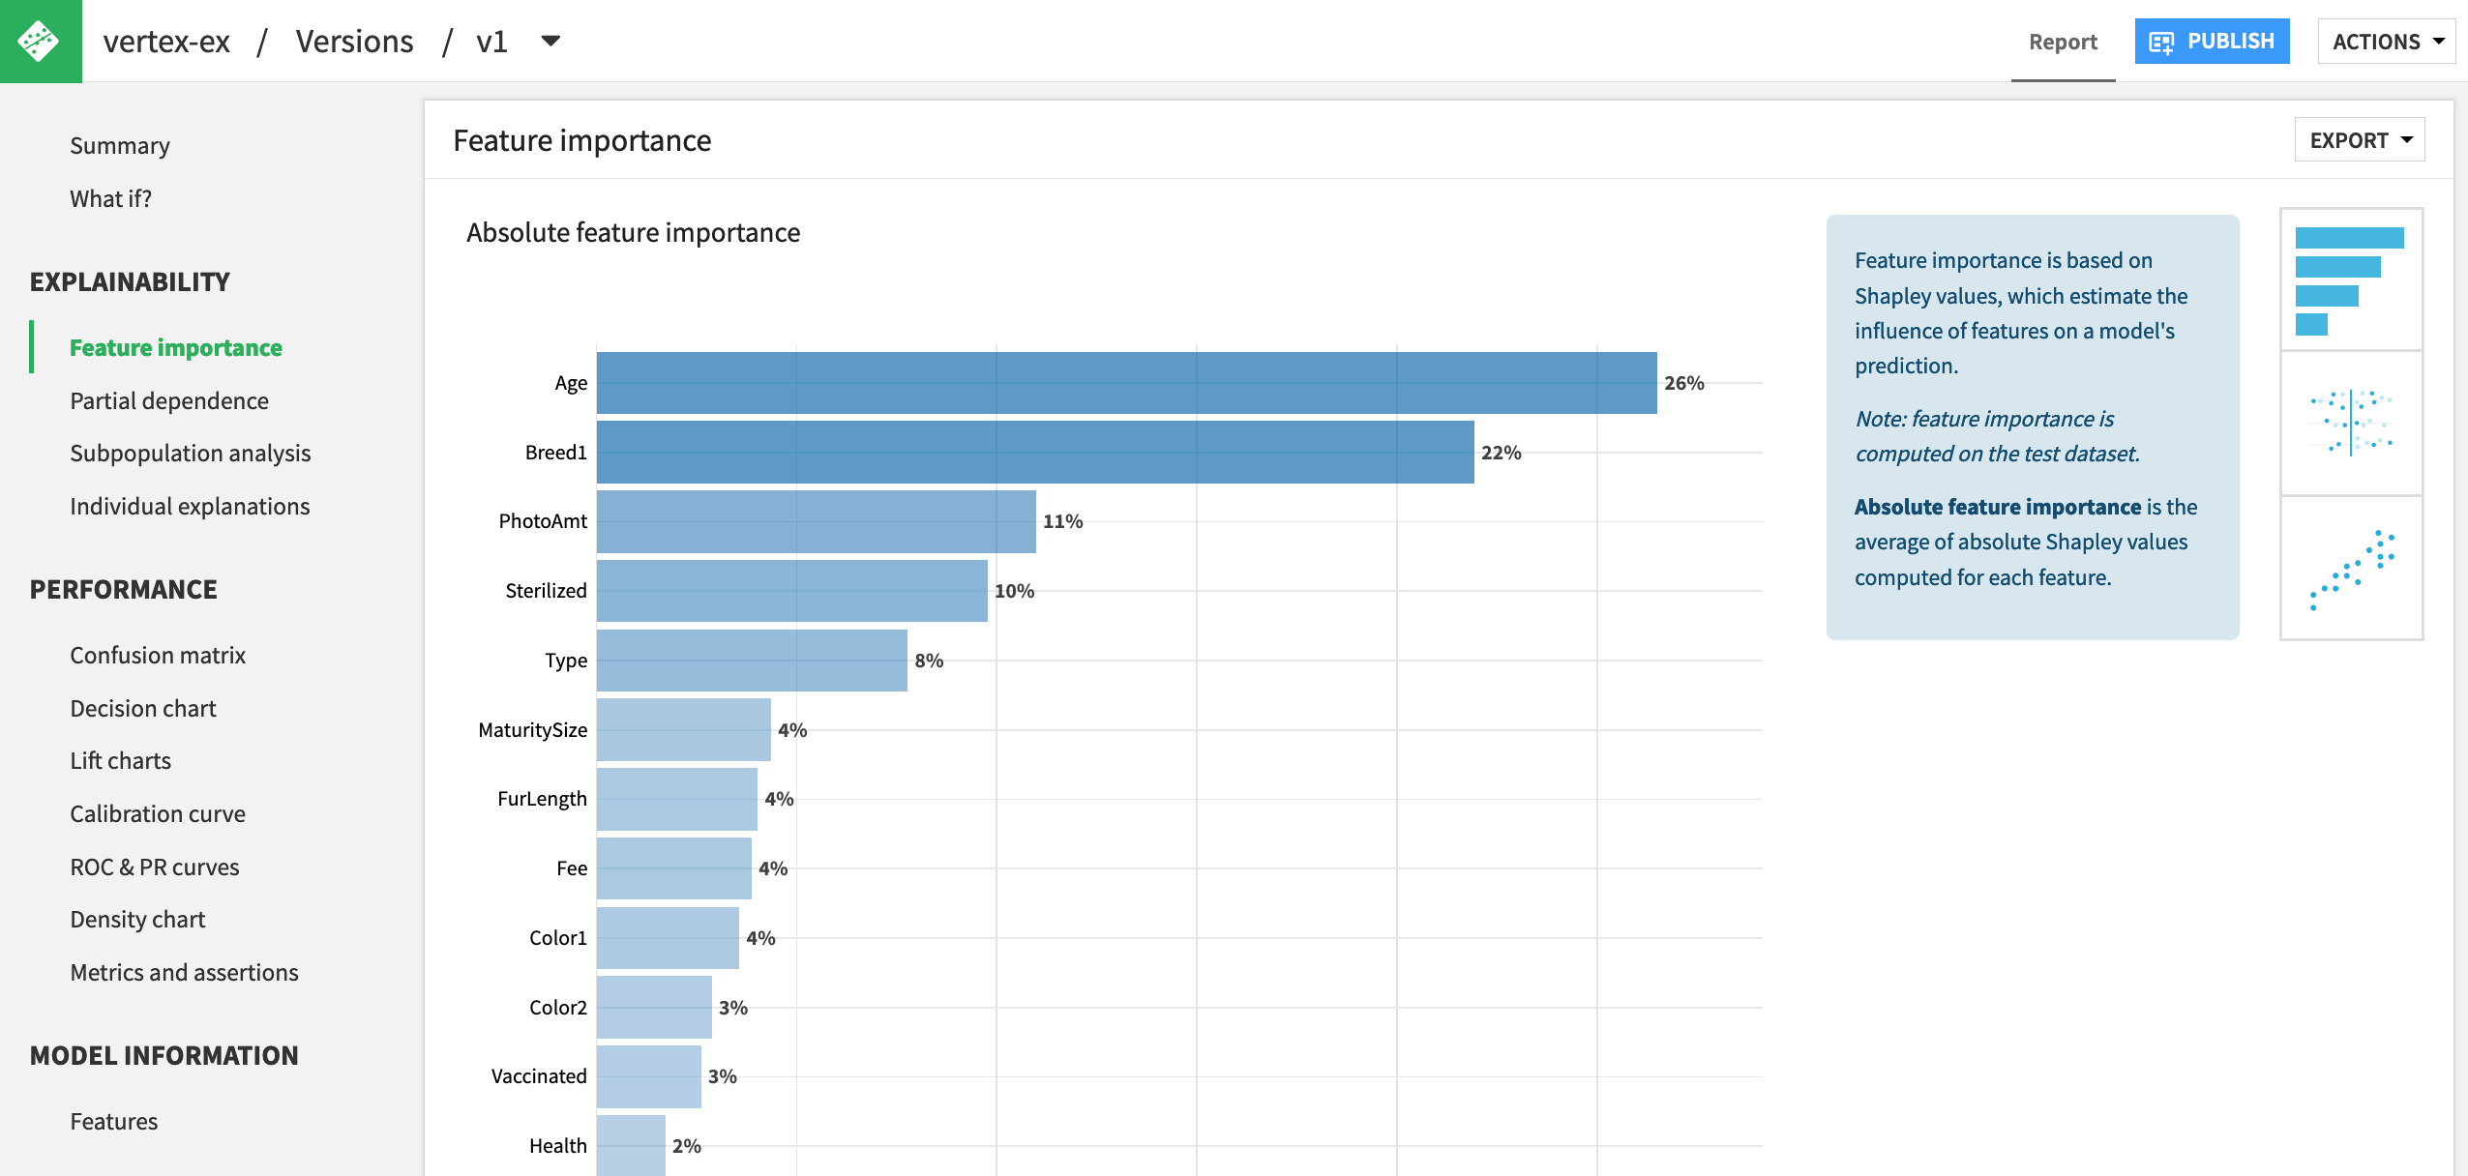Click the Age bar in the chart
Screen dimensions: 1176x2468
click(x=1126, y=383)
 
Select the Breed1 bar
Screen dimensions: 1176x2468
click(x=1035, y=453)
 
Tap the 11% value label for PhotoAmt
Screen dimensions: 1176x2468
click(x=1062, y=522)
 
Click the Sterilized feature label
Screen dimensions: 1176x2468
click(x=546, y=591)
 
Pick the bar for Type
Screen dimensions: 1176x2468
click(x=752, y=661)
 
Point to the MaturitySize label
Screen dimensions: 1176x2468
click(x=532, y=730)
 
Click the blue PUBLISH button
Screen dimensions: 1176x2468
click(x=2212, y=42)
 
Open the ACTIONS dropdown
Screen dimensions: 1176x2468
click(x=2387, y=42)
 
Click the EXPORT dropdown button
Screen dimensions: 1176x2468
click(x=2359, y=140)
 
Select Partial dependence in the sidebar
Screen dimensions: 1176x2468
click(x=169, y=400)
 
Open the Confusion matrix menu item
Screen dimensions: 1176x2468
click(x=158, y=655)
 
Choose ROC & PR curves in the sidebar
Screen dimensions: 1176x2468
click(x=155, y=867)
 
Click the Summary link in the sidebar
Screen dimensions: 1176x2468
click(x=120, y=145)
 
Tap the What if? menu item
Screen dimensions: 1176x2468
click(x=110, y=198)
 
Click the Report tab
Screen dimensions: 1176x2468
click(x=2063, y=42)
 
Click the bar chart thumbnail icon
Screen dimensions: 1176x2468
click(x=2351, y=280)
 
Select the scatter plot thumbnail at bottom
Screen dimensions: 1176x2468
click(x=2351, y=569)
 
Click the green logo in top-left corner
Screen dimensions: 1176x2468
click(x=41, y=41)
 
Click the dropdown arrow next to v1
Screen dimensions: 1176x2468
click(x=550, y=41)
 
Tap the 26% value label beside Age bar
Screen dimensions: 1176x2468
click(x=1683, y=383)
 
